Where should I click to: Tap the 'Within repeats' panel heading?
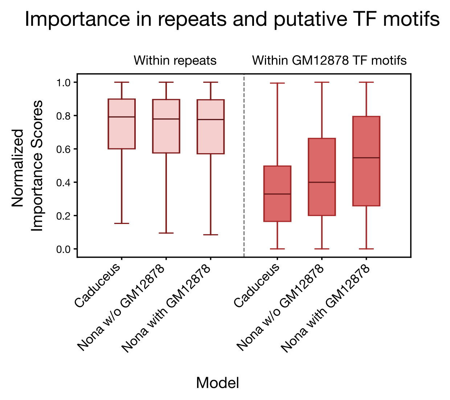pos(175,60)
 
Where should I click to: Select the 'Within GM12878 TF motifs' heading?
pos(329,60)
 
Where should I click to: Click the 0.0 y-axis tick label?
pos(64,249)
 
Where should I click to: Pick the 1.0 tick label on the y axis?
pos(64,83)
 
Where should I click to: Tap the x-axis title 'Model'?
pos(217,383)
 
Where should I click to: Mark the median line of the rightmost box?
pos(366,158)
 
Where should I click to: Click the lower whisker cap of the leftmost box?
pos(122,223)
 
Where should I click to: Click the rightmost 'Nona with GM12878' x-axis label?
pos(326,309)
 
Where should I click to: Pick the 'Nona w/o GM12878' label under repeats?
pos(122,309)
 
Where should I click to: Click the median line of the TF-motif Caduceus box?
pos(277,194)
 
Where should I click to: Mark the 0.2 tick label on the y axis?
pos(64,216)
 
